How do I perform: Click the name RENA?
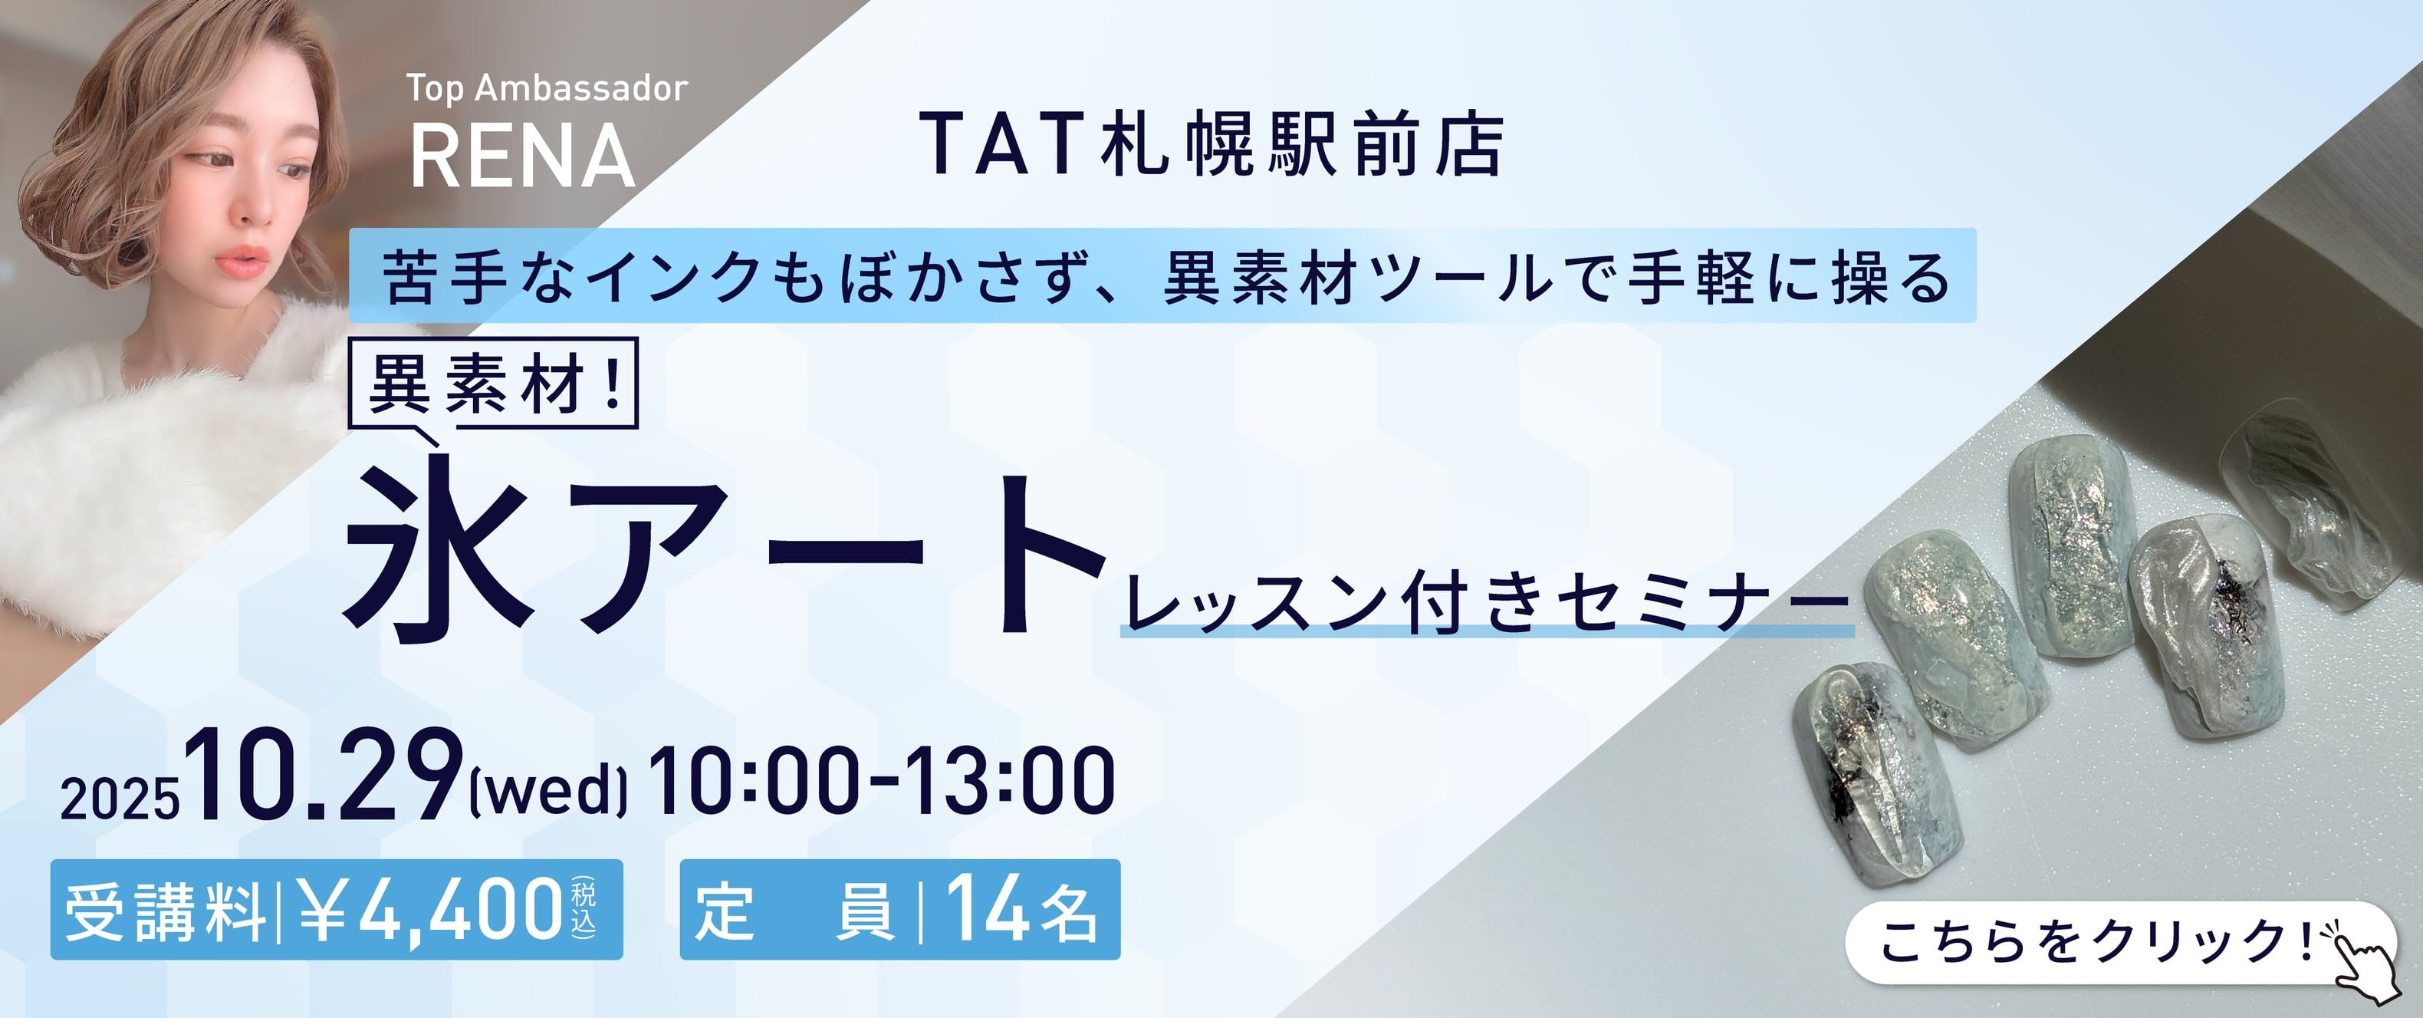[x=523, y=156]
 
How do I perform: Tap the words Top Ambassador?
[x=547, y=88]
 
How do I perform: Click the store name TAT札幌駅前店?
[x=1211, y=145]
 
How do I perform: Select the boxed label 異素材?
[x=493, y=383]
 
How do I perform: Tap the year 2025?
[x=120, y=799]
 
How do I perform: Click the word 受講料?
[x=166, y=911]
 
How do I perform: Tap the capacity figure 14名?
[x=1021, y=910]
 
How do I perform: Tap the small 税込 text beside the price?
[x=584, y=908]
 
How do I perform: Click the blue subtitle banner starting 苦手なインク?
[x=1163, y=275]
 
